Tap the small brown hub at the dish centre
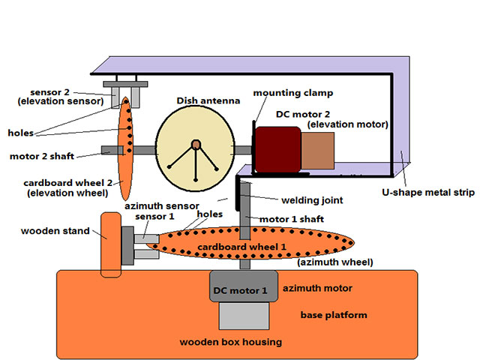point(196,143)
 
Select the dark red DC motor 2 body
point(278,149)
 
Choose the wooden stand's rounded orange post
point(110,244)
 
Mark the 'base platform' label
point(334,315)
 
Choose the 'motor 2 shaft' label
point(43,157)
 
